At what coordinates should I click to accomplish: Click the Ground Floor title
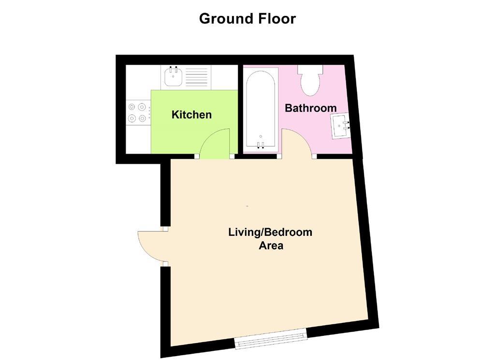click(x=247, y=19)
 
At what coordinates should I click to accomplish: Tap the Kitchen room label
click(x=191, y=115)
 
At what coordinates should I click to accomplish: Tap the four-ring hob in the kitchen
click(x=137, y=113)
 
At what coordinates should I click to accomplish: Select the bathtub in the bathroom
click(x=261, y=109)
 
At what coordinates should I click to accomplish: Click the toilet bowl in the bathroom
click(x=310, y=84)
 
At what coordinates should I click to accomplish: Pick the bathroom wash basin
click(x=340, y=126)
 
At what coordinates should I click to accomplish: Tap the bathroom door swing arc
click(x=296, y=144)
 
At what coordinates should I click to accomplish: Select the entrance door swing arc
click(x=150, y=246)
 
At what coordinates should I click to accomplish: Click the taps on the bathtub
click(x=261, y=144)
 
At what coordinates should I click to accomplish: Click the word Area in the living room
click(x=271, y=245)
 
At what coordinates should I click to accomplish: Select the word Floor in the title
click(x=277, y=19)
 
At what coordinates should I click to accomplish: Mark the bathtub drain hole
click(x=261, y=136)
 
